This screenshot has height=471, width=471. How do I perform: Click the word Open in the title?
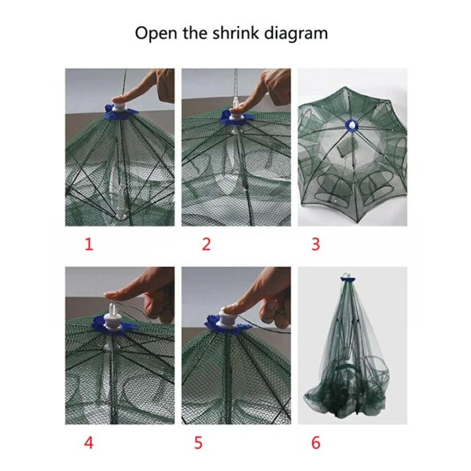156,33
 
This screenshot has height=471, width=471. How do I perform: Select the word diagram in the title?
296,34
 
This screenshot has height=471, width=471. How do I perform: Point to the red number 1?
89,244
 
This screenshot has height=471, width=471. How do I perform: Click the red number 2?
206,244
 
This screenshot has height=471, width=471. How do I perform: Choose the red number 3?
315,244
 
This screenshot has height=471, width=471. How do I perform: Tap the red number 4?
89,443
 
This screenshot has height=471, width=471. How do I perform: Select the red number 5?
199,443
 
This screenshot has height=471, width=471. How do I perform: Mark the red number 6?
316,443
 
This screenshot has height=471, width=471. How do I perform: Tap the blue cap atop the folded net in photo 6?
348,279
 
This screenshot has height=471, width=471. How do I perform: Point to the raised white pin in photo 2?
235,102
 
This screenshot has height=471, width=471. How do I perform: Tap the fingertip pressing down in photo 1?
120,98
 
